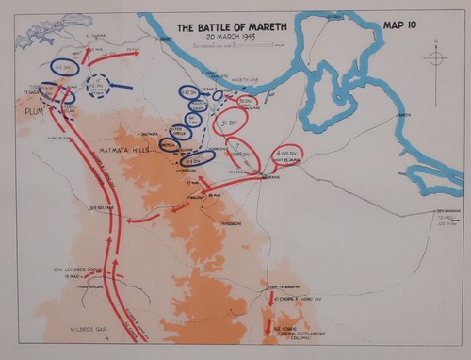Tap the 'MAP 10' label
405,25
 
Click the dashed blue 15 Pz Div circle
100,86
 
